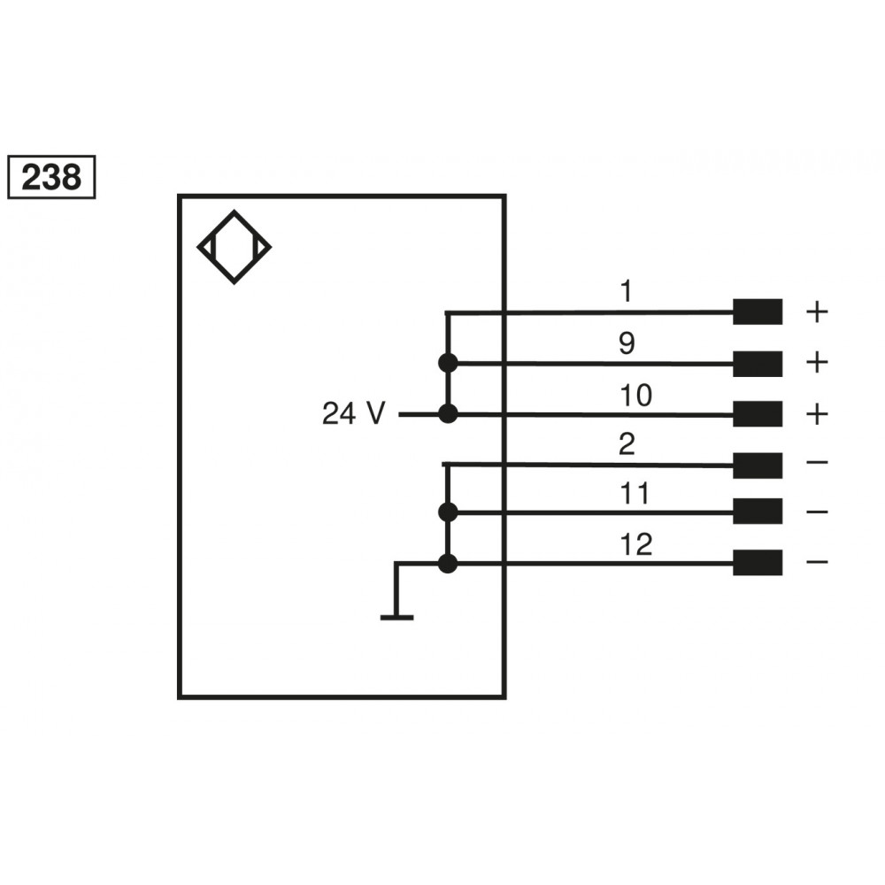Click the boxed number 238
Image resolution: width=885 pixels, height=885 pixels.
coord(51,178)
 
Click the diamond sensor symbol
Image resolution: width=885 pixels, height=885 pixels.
coord(234,247)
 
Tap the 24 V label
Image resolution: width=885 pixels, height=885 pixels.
coord(353,413)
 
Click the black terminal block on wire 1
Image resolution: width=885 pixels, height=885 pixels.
coord(757,312)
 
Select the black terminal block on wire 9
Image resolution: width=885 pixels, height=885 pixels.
coord(757,363)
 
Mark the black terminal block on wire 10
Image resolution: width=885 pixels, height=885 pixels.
coord(757,413)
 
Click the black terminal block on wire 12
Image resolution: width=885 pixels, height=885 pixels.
coord(757,562)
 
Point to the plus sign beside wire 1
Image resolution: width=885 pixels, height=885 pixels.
coord(817,312)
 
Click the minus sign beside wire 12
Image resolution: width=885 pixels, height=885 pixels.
coord(817,562)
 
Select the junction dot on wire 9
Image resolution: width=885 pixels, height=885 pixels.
coord(448,363)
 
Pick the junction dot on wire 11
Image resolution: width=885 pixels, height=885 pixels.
coord(448,512)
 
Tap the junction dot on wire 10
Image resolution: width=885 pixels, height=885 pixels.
coord(448,413)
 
